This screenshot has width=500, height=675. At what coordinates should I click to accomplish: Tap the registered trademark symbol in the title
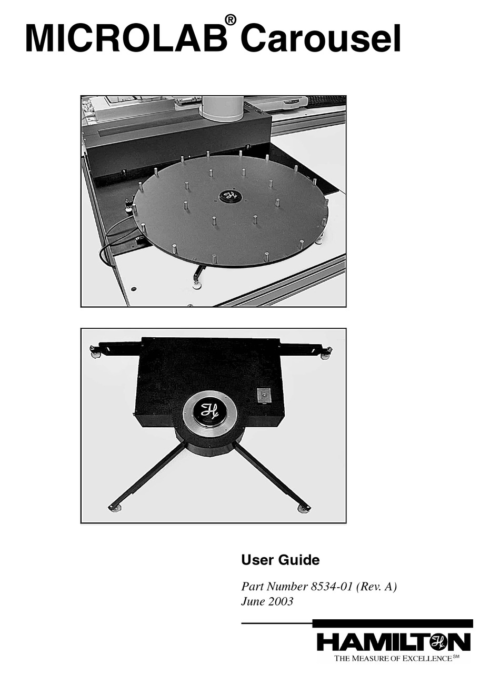230,19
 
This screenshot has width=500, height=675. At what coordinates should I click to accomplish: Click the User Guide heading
280,560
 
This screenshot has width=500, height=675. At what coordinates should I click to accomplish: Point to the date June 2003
267,601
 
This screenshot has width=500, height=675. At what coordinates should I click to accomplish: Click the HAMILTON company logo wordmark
393,642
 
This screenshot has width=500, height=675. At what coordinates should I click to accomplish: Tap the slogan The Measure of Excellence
394,658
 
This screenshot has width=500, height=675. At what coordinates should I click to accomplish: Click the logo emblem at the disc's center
230,196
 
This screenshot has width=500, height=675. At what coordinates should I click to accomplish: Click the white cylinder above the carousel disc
222,108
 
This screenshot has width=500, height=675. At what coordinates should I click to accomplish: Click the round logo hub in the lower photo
209,413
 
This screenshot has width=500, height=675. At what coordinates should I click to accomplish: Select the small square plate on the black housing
264,395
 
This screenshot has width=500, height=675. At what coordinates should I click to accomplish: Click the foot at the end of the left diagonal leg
115,508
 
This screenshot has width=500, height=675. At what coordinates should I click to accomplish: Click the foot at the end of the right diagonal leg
304,508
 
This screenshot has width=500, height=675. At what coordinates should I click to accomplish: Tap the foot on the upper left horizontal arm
96,353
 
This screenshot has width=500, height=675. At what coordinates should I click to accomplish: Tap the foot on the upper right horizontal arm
326,354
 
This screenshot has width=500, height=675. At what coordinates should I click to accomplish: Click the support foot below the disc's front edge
197,285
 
